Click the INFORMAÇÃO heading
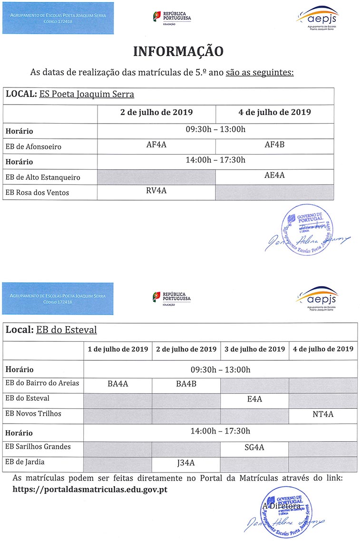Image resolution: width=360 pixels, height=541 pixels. [x=178, y=51]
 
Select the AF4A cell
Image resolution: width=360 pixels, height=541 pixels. [x=156, y=145]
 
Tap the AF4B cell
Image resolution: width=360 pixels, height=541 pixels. [x=274, y=145]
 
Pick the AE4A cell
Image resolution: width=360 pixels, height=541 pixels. [x=274, y=175]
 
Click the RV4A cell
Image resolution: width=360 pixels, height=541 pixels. [x=156, y=191]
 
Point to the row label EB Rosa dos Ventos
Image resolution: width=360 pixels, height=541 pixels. [x=37, y=193]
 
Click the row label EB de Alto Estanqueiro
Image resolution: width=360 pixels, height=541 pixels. [x=43, y=177]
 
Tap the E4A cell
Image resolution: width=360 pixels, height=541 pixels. [x=254, y=399]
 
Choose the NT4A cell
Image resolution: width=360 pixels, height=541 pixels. [x=323, y=415]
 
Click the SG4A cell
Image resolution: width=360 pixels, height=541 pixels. [x=254, y=448]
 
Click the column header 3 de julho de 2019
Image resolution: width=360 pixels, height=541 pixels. [x=254, y=349]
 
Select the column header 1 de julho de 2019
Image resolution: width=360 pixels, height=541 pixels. [x=118, y=349]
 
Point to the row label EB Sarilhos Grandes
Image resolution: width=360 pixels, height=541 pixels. [x=38, y=446]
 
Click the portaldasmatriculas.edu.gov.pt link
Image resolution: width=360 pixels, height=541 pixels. [x=90, y=488]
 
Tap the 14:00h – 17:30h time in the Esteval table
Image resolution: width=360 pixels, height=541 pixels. [x=220, y=431]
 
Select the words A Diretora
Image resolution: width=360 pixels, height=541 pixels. [x=282, y=506]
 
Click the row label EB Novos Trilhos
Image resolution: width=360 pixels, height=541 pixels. [x=33, y=414]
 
